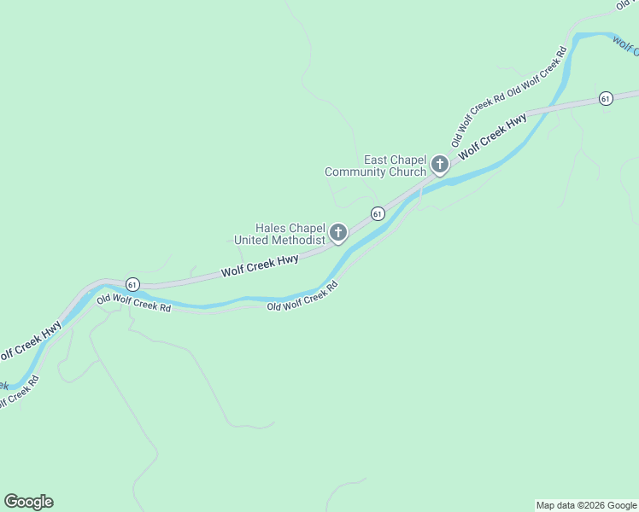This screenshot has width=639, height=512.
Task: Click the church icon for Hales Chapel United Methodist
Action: [x=338, y=232]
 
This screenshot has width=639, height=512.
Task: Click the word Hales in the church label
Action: [x=270, y=229]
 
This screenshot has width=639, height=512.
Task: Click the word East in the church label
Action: [x=376, y=160]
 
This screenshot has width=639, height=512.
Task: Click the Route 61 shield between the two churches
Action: [x=377, y=212]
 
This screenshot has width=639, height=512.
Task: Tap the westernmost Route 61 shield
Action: [x=132, y=283]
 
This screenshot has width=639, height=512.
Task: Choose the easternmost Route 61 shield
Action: [x=606, y=98]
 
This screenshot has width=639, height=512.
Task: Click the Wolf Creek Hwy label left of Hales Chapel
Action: [x=260, y=265]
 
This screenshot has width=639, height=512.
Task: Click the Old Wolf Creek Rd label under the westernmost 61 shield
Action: [x=133, y=302]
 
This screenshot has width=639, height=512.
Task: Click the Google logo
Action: [x=28, y=502]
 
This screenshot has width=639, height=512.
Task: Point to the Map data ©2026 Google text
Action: [x=587, y=505]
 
